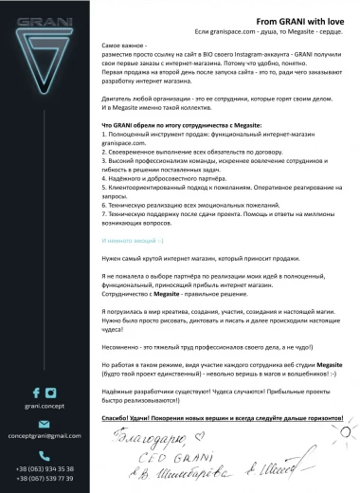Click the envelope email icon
pos(44,423)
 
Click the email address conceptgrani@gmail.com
pos(45,436)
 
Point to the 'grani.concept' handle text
pos(44,405)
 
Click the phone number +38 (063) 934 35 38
pos(45,468)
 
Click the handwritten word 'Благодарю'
pos(142,441)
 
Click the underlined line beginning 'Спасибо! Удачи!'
pos(222,417)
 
